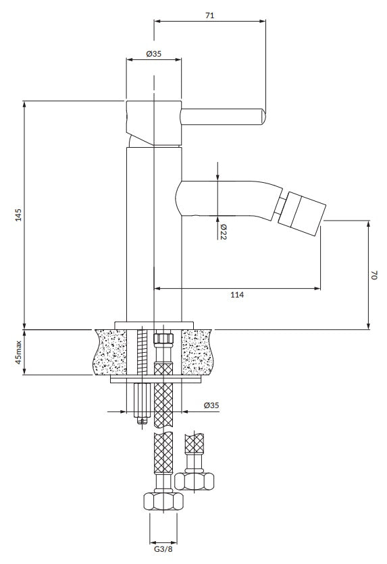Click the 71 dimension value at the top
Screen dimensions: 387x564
tap(210, 16)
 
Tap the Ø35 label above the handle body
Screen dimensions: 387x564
tap(154, 54)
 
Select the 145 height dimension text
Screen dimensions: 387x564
tap(18, 215)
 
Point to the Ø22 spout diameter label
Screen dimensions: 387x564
tap(223, 232)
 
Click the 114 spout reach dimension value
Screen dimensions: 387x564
tap(237, 295)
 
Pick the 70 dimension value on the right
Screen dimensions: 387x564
tap(373, 276)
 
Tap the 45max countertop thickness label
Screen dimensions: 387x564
tap(18, 352)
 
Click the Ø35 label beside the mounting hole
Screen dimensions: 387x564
tap(211, 405)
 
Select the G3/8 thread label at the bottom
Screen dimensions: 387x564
tap(163, 549)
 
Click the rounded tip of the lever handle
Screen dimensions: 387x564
tap(263, 117)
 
